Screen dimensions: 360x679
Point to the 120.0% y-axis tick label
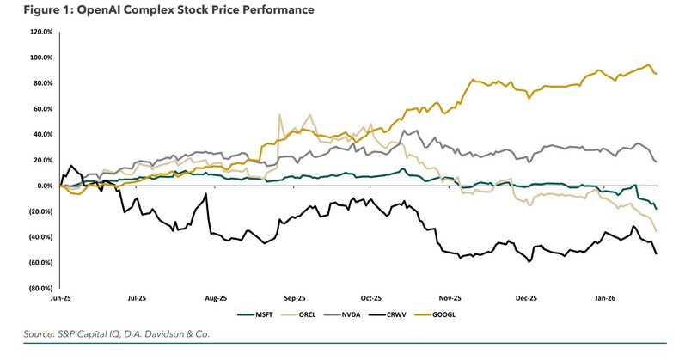tap(41, 32)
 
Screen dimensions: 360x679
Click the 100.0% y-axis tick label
tap(41, 58)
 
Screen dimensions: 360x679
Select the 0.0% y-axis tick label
tap(45, 186)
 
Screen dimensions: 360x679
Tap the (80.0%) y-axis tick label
tap(41, 289)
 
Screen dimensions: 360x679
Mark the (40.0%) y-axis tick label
tap(41, 237)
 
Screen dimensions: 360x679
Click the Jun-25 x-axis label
tap(61, 298)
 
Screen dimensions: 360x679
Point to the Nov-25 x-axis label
tap(450, 298)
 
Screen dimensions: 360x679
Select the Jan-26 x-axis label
tap(606, 298)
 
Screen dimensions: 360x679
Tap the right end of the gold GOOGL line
tap(657, 74)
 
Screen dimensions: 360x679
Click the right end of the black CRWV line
tap(657, 253)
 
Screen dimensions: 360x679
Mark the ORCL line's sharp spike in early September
tap(279, 115)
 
